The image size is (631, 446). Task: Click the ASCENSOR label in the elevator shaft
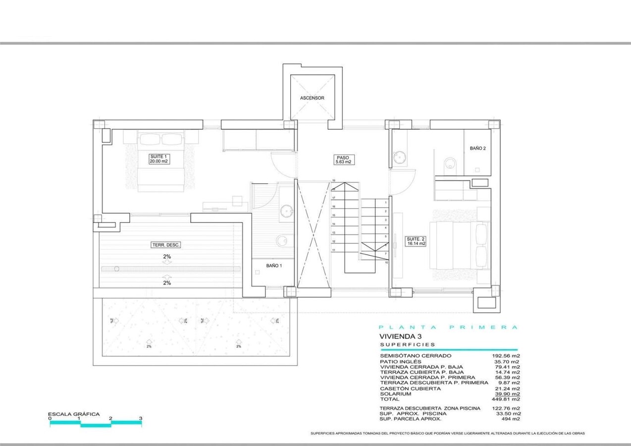tap(312, 98)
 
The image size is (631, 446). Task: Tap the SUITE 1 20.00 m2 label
tap(159, 159)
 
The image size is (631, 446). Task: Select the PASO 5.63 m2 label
tap(343, 160)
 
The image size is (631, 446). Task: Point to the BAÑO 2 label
tap(477, 148)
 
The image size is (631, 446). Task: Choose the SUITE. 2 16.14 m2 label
tap(416, 241)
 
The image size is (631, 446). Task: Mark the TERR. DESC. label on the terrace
tap(166, 245)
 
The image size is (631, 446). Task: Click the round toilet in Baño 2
tap(450, 164)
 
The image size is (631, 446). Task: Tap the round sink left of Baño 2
tap(400, 158)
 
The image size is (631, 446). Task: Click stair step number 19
tap(334, 181)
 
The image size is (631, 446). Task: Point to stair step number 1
tap(385, 202)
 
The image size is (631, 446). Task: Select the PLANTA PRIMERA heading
tap(448, 327)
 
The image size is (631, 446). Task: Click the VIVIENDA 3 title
tap(400, 336)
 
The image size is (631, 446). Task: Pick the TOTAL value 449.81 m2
tap(505, 399)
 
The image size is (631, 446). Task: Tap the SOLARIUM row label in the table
tap(395, 394)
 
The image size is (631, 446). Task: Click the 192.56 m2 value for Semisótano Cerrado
tap(505, 356)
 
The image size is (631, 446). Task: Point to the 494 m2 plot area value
tap(510, 419)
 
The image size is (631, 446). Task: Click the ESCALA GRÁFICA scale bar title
tap(74, 414)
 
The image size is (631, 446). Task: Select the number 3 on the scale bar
tap(141, 419)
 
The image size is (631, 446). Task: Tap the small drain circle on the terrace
tap(116, 269)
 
